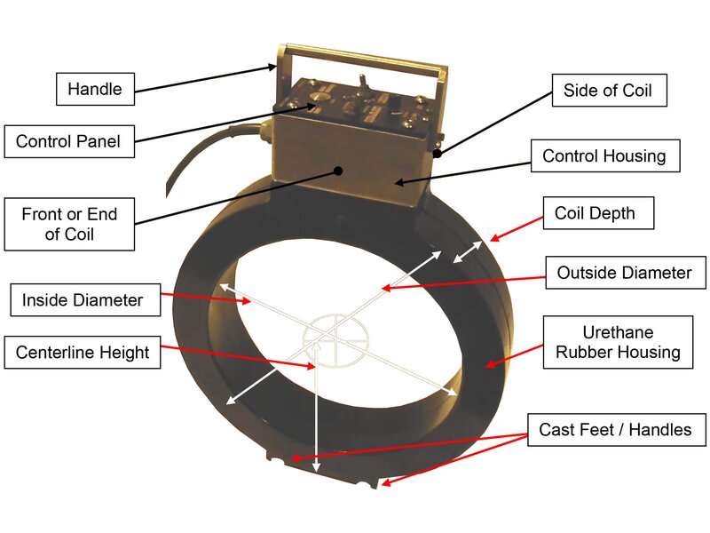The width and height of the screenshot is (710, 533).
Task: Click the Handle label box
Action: pyautogui.click(x=94, y=89)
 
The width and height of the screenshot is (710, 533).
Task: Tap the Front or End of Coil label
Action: pyautogui.click(x=70, y=224)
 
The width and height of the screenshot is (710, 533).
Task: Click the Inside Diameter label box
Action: pyautogui.click(x=82, y=299)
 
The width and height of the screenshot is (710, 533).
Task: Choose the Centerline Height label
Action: pyautogui.click(x=83, y=353)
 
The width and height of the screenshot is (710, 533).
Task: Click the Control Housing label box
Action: pyautogui.click(x=603, y=156)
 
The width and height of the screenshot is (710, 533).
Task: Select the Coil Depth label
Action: pyautogui.click(x=595, y=213)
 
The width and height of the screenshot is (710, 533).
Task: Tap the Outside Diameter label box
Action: pyautogui.click(x=624, y=273)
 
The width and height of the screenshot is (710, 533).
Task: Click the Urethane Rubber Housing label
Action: pyautogui.click(x=618, y=343)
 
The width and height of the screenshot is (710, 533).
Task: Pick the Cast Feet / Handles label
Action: pyautogui.click(x=615, y=430)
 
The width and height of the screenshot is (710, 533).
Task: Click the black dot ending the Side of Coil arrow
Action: pyautogui.click(x=438, y=152)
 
